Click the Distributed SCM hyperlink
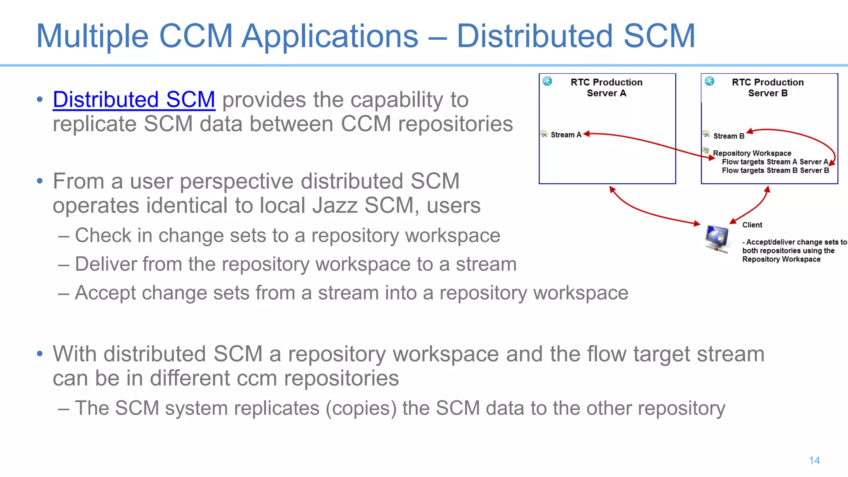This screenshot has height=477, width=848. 134,100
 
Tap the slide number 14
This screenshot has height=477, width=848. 814,460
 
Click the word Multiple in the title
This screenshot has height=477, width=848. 92,36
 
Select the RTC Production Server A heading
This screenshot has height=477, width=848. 606,87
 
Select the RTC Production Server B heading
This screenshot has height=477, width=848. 768,87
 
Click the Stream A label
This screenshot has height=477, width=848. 566,135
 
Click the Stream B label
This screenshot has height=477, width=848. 729,136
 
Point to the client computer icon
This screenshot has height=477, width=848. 717,238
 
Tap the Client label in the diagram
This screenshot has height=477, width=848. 752,225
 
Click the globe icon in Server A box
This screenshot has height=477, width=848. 547,81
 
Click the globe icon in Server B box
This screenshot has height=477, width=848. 709,81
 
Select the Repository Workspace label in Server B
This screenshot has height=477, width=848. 752,153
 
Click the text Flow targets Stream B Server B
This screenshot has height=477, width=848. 775,171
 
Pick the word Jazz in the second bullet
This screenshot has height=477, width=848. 335,206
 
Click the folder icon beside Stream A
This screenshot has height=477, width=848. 544,134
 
